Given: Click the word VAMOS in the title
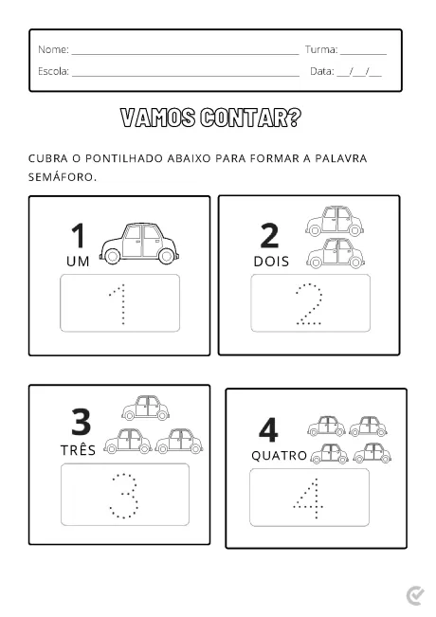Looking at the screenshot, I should tap(158, 118).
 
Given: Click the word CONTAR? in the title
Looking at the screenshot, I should tap(249, 118).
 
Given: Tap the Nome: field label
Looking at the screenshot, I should tap(53, 49).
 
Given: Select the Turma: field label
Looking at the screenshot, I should tap(321, 49).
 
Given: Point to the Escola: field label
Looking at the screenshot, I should tap(54, 71).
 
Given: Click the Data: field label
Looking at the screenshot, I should tap(322, 71).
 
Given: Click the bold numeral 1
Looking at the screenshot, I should tap(79, 236).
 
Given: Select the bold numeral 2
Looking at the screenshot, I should tap(269, 236).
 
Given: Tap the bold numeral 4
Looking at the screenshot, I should tap(268, 429).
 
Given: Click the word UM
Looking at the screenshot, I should tap(78, 261).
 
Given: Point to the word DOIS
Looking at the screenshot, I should tap(272, 261).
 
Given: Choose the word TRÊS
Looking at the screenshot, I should tap(80, 449).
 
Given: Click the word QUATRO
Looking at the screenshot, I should tap(279, 456).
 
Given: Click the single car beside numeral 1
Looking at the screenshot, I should tap(138, 243).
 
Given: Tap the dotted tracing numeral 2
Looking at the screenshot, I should tap(310, 304).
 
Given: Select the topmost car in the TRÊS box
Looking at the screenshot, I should tap(145, 408).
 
